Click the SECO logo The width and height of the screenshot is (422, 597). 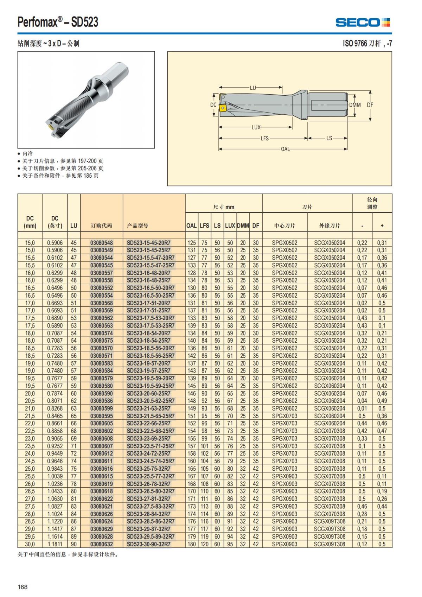(x=363, y=23)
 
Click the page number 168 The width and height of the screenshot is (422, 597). (x=23, y=587)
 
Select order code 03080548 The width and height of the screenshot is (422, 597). (x=102, y=243)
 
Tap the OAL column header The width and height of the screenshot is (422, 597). (x=191, y=226)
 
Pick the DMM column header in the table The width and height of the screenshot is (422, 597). (x=243, y=226)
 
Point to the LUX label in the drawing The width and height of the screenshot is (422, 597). (x=256, y=127)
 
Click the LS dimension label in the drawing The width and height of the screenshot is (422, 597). (x=329, y=138)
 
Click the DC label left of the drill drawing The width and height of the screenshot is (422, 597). (x=213, y=105)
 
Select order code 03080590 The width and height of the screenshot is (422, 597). (x=102, y=394)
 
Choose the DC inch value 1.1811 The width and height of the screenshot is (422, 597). (x=55, y=544)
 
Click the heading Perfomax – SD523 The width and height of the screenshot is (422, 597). (x=58, y=22)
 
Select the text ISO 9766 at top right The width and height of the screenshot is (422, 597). (x=355, y=43)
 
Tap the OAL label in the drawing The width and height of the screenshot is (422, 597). (x=285, y=149)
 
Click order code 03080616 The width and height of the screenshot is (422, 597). (x=102, y=469)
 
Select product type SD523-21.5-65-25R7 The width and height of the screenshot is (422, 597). (x=151, y=416)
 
